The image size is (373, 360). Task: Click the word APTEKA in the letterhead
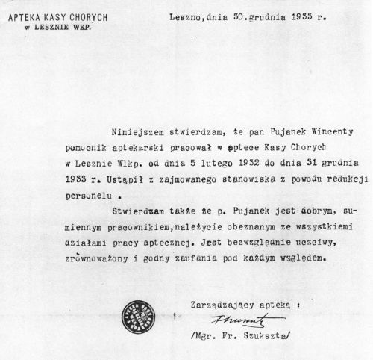click(21, 12)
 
